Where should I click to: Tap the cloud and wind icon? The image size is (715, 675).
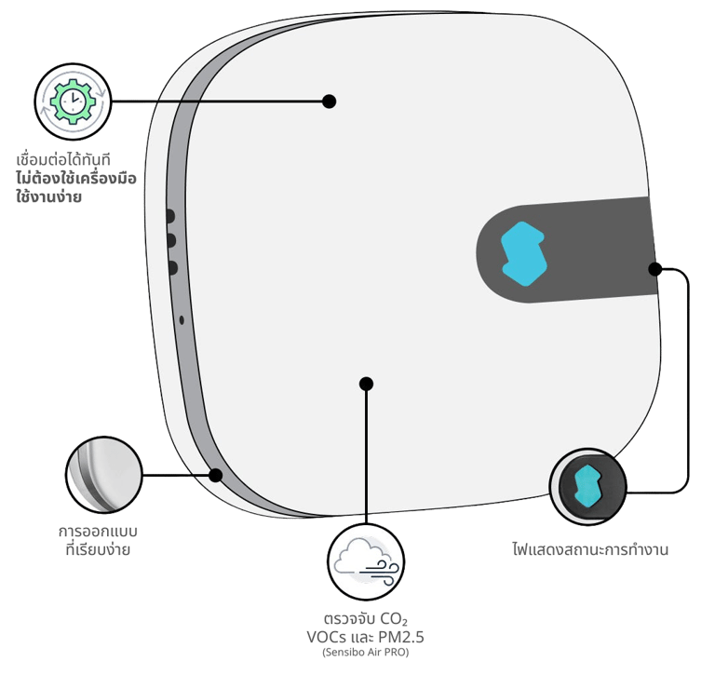[367, 560]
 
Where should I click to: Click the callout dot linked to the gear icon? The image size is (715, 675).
[329, 101]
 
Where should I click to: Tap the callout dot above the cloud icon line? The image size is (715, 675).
[367, 383]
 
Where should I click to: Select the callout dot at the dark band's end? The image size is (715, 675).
[654, 269]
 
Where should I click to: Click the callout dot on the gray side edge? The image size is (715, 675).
[216, 475]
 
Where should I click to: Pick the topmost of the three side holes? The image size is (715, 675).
[170, 216]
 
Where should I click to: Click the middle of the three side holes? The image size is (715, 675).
[171, 241]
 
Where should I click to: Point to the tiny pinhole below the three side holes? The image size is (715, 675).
[181, 319]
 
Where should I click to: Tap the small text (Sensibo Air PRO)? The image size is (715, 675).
[366, 654]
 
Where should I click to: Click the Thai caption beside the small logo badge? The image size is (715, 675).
[590, 549]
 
